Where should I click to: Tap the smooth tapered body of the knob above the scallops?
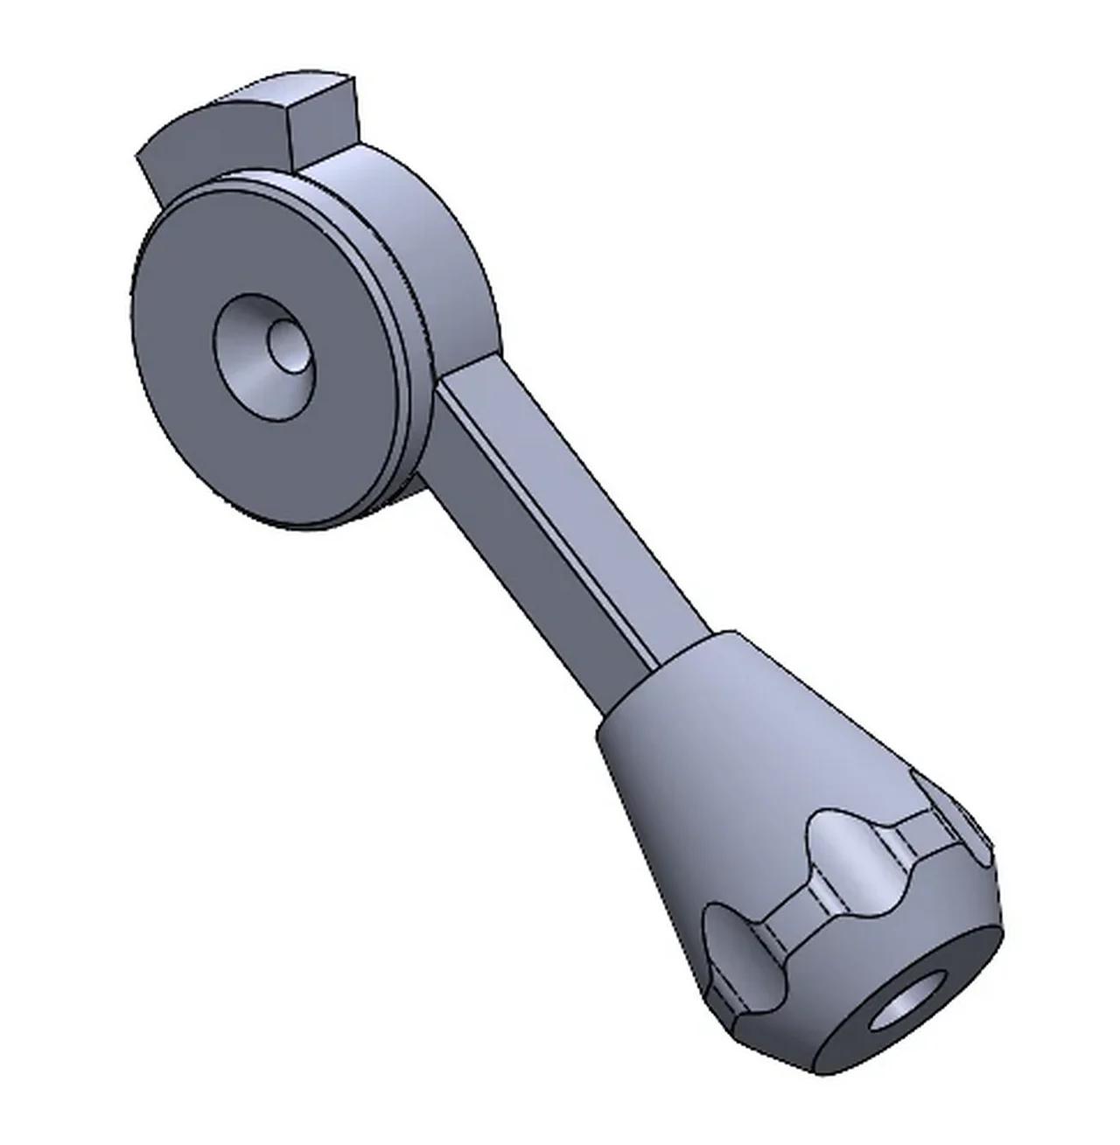(717, 744)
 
